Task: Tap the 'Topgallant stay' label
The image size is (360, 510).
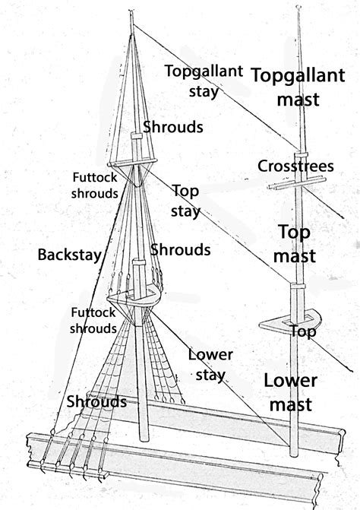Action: coord(203,81)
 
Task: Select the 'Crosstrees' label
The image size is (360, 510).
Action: coord(292,166)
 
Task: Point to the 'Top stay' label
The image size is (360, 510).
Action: coord(185,200)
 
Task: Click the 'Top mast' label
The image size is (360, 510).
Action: coord(294,244)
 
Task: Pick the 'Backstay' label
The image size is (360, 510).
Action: coord(69,255)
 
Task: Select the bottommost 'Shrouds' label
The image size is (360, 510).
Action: coord(96,401)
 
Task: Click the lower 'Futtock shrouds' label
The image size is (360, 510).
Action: coord(93,320)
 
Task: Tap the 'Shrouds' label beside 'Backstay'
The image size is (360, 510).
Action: coord(180,249)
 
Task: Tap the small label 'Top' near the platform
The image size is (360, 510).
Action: coord(302,332)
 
